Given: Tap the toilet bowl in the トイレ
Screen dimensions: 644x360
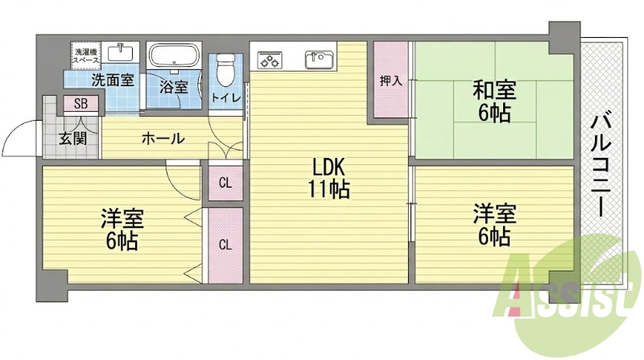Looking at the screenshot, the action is [224, 69].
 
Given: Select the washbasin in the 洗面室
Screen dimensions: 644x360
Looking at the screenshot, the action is [120, 52].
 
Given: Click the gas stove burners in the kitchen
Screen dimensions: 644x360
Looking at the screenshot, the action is [270, 60].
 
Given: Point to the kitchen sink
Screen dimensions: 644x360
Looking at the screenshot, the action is [319, 60].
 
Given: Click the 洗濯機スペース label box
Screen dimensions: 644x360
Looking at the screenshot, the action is [85, 55].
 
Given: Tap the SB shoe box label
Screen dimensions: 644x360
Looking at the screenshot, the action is [81, 104].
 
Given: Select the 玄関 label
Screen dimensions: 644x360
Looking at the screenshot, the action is [72, 139].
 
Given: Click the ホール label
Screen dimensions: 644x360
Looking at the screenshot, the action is [163, 139].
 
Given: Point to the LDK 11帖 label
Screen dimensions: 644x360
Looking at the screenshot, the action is [328, 178].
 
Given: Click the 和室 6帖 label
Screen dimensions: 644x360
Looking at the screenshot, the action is [494, 101].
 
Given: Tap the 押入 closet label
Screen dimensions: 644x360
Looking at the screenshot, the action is [390, 81].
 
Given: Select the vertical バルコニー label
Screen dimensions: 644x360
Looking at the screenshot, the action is [601, 166].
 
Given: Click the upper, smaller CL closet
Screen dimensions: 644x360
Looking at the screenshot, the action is [225, 183].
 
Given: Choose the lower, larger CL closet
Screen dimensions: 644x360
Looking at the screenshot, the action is [225, 245].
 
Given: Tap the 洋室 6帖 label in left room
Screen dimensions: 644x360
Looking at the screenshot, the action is [122, 230].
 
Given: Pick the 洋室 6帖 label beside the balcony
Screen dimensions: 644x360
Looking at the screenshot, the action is [494, 224].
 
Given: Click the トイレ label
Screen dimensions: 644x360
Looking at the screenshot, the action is [225, 97].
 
